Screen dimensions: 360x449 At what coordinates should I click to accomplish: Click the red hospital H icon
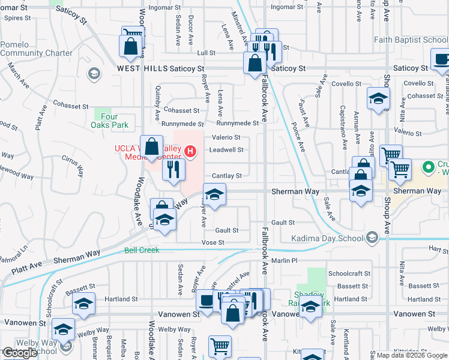click(x=190, y=151)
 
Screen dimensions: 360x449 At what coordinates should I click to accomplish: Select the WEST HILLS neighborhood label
click(x=142, y=69)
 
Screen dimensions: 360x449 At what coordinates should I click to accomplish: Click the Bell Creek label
click(x=142, y=250)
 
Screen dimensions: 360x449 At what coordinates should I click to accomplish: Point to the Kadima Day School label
click(x=328, y=238)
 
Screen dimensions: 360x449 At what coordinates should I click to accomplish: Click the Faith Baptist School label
click(x=411, y=40)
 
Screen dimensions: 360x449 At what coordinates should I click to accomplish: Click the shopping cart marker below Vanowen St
click(x=220, y=345)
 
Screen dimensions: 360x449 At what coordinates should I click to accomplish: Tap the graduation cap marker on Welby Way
click(x=63, y=329)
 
